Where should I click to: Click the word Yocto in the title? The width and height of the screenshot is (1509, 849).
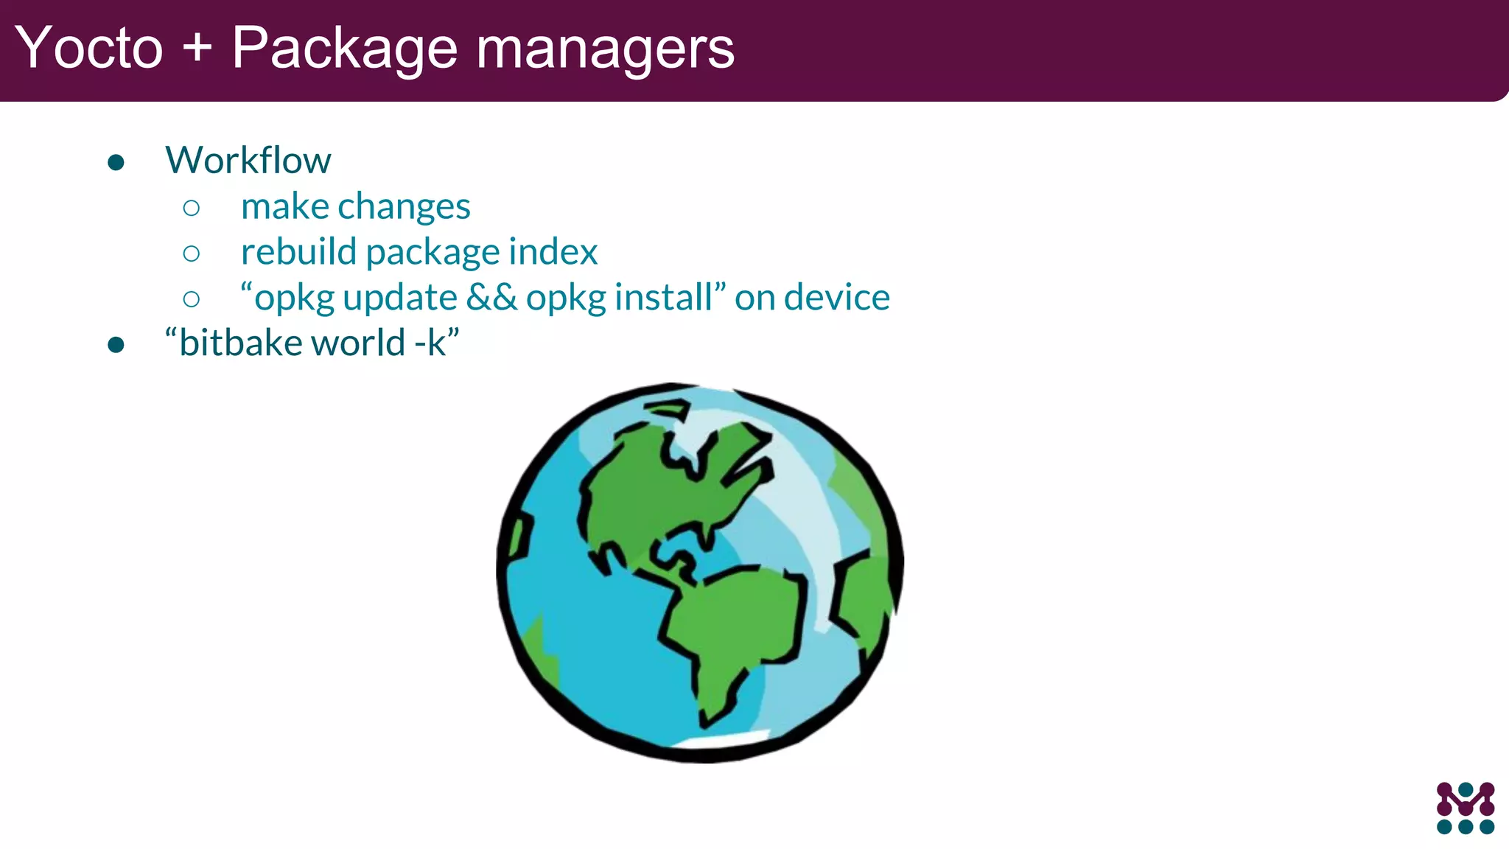coord(88,49)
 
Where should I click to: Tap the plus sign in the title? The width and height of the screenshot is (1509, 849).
coord(197,49)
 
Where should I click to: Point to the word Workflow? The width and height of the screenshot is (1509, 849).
coord(248,160)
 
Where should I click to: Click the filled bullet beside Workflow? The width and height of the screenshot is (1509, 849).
coord(116,162)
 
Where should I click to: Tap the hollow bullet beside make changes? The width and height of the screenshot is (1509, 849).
coord(192,208)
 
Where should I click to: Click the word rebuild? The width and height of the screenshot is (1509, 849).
coord(299,252)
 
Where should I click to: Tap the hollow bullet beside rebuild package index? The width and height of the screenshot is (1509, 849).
coord(192,254)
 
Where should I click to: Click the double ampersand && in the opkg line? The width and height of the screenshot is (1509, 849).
coord(491,298)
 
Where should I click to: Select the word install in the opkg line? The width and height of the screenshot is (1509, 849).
coord(663,298)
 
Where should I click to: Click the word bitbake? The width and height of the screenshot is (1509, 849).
coord(240,343)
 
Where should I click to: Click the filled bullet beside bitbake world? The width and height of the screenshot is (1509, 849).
coord(116,344)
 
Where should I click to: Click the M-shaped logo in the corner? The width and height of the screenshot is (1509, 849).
coord(1466,808)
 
